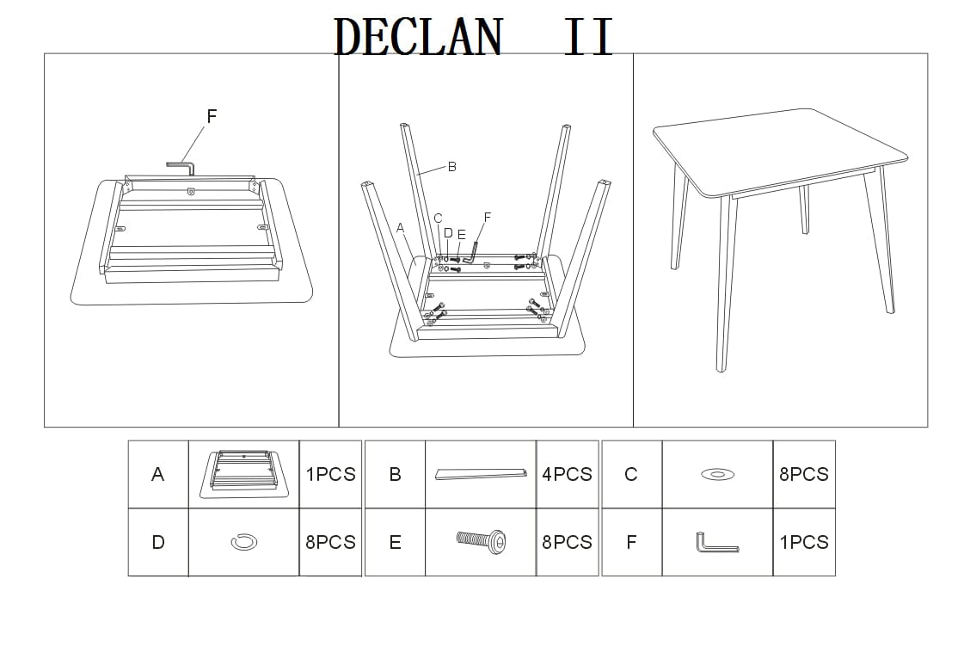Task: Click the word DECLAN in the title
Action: point(417,36)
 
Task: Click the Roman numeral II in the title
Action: point(588,37)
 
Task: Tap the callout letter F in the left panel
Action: point(212,116)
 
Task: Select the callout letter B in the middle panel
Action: point(452,166)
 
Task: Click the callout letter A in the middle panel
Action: point(400,228)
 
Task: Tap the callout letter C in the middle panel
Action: point(438,219)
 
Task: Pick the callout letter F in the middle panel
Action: point(488,217)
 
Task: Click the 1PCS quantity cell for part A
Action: point(330,474)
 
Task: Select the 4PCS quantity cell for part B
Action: point(567,474)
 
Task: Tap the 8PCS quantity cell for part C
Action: point(803,474)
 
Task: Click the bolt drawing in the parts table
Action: point(480,541)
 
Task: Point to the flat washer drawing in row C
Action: point(717,474)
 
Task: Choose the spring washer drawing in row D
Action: point(244,542)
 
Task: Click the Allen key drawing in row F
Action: point(716,544)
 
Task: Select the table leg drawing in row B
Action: point(480,474)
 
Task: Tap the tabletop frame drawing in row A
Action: point(243,473)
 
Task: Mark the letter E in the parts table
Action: point(395,542)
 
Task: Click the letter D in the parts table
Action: point(158,542)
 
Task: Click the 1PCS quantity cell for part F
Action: point(803,542)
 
